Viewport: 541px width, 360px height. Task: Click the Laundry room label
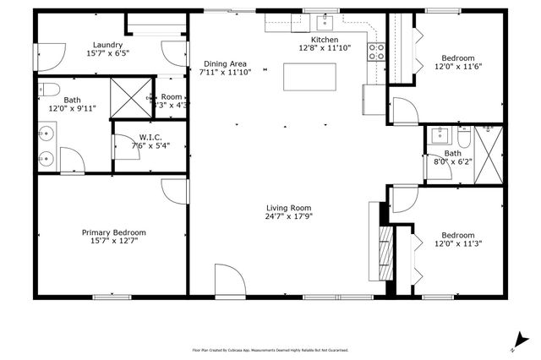(x=107, y=46)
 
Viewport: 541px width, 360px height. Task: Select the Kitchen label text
(x=325, y=40)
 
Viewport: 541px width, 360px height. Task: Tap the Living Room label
(x=288, y=208)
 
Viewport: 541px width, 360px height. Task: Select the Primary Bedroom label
(x=113, y=232)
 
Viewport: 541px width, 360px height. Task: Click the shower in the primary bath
(x=130, y=98)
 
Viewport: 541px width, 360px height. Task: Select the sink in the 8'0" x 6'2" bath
(x=440, y=134)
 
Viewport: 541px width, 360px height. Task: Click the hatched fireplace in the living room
(x=385, y=248)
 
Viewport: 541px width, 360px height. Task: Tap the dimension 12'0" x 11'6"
(x=457, y=66)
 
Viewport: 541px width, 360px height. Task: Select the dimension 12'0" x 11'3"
(x=457, y=243)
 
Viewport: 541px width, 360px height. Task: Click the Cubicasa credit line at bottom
(x=270, y=349)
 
